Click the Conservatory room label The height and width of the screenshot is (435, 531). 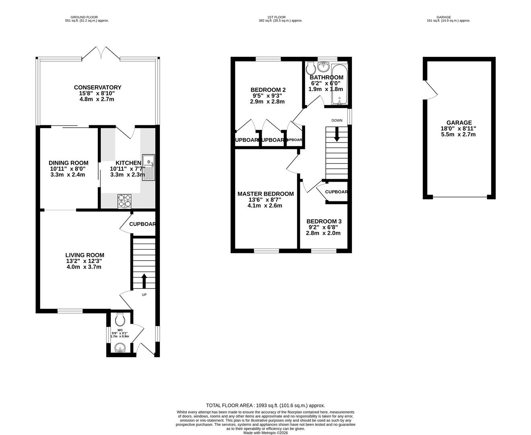[x=97, y=87]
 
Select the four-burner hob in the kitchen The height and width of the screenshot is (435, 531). [x=124, y=201]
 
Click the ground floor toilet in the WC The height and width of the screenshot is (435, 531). [x=120, y=320]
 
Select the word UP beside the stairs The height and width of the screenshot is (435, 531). [x=144, y=295]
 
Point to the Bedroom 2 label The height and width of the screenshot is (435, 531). [x=268, y=90]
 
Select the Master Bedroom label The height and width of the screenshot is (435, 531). [x=265, y=194]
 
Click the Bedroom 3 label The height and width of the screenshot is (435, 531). [x=324, y=221]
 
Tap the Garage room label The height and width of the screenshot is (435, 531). [x=459, y=123]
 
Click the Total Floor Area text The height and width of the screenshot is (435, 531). [x=265, y=406]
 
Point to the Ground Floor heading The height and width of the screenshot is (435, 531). [x=87, y=17]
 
